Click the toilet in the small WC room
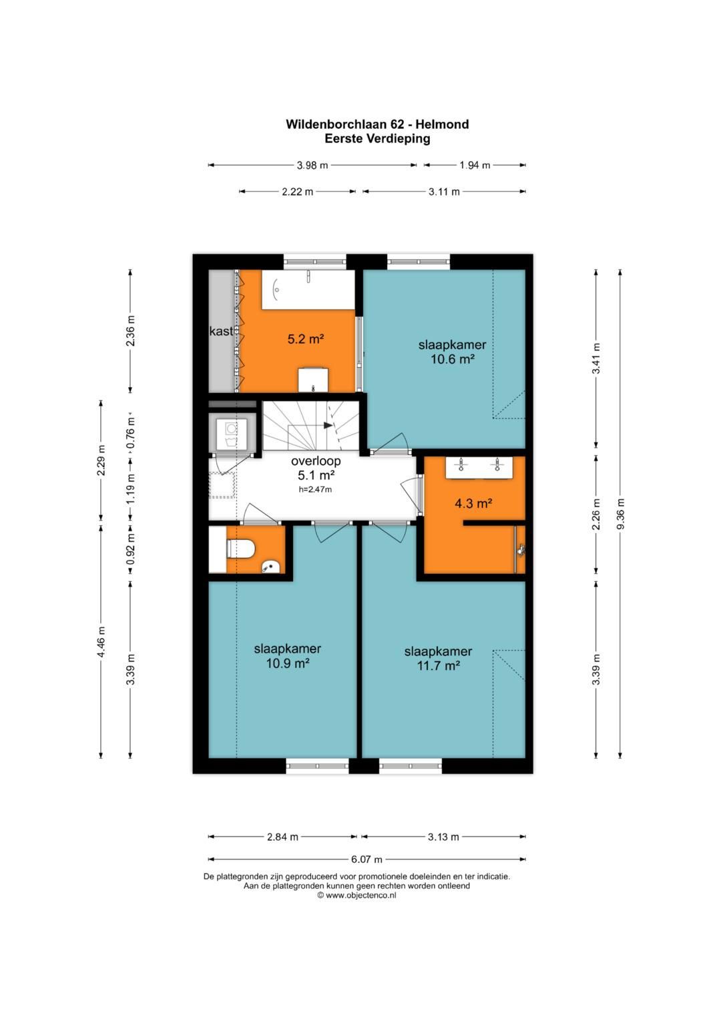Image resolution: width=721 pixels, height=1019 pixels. pyautogui.click(x=240, y=549)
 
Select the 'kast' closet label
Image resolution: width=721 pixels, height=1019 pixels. pyautogui.click(x=221, y=331)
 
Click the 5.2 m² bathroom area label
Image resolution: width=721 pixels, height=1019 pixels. pyautogui.click(x=306, y=339)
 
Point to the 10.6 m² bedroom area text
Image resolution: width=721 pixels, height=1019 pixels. pyautogui.click(x=453, y=360)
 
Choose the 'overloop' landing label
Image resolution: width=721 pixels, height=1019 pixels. pyautogui.click(x=316, y=461)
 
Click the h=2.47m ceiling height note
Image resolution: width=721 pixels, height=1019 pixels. pyautogui.click(x=315, y=490)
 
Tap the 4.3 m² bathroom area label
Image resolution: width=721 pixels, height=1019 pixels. pyautogui.click(x=473, y=503)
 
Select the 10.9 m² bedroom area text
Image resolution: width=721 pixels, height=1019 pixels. pyautogui.click(x=288, y=663)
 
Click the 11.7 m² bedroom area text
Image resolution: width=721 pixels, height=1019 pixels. pyautogui.click(x=439, y=665)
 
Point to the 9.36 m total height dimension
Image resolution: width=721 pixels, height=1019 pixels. pyautogui.click(x=621, y=514)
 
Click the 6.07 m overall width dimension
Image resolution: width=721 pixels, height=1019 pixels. pyautogui.click(x=367, y=860)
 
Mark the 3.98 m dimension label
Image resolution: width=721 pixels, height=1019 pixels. pyautogui.click(x=312, y=165)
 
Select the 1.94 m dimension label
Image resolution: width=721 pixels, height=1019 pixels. pyautogui.click(x=475, y=165)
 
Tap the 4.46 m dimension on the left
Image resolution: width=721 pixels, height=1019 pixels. pyautogui.click(x=101, y=641)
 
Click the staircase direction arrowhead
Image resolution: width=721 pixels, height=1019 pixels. pyautogui.click(x=328, y=426)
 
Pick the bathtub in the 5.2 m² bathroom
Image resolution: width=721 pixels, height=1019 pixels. pyautogui.click(x=308, y=290)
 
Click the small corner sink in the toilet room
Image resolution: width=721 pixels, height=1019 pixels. pyautogui.click(x=271, y=567)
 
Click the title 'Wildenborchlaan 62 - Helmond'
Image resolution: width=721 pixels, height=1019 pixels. pyautogui.click(x=377, y=124)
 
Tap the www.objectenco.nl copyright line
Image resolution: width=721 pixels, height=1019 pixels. pyautogui.click(x=357, y=895)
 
